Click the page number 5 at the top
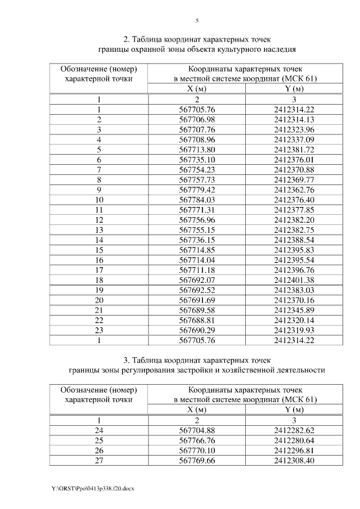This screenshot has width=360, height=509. (x=197, y=21)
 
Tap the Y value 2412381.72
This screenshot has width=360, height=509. (x=294, y=149)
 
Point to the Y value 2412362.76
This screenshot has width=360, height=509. (x=294, y=190)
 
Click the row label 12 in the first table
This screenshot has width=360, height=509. (x=99, y=220)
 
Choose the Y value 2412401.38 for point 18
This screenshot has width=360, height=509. (x=294, y=280)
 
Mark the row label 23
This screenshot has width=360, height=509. (x=99, y=331)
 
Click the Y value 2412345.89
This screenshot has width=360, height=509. (x=294, y=310)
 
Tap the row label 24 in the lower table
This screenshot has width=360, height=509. (x=99, y=430)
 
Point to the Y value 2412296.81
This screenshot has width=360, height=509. (x=294, y=451)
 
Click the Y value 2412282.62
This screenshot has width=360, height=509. (x=294, y=430)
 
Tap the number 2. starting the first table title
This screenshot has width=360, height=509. (x=126, y=39)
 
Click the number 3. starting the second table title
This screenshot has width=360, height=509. (x=126, y=359)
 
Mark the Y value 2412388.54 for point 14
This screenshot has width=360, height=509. (x=294, y=240)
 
